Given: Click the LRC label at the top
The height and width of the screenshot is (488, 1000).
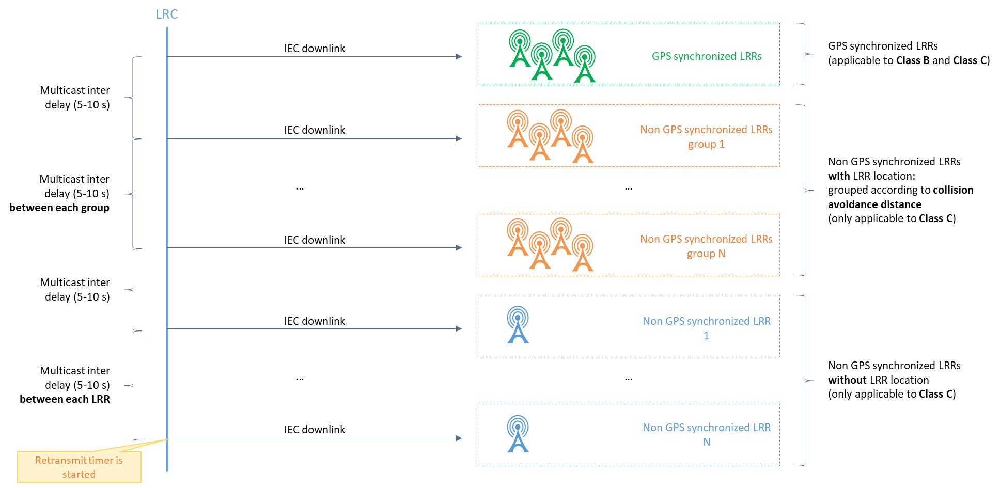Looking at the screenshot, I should point(167,14).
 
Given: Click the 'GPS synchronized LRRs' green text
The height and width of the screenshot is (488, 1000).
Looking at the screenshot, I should point(706,56).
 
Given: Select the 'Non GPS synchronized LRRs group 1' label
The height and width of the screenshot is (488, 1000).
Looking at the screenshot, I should point(706,137).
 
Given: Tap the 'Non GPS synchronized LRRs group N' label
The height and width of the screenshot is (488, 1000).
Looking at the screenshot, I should point(706,246).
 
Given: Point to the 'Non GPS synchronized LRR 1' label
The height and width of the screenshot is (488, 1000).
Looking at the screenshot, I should point(706,328).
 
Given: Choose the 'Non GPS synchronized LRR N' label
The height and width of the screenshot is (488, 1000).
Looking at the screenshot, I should point(706,434).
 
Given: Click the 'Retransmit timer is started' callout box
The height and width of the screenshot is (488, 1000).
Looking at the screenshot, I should point(79,467).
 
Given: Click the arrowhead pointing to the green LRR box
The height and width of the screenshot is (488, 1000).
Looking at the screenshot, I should point(459,57).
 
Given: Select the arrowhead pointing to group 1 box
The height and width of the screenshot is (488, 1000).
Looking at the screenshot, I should point(459,139).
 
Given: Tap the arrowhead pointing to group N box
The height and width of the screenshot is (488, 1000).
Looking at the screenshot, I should point(459,248).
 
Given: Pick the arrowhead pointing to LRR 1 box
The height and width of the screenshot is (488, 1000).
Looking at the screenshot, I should point(459,329).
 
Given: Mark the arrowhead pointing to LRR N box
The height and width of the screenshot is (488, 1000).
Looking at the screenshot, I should point(459,438).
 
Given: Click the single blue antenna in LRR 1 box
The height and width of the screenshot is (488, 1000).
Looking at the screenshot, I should point(518,325).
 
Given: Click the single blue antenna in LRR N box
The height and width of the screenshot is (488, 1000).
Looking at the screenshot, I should point(518,434).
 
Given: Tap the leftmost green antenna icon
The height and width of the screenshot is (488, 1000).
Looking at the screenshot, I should point(520,49).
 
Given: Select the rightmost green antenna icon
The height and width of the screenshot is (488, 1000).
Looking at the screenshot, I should point(585,64).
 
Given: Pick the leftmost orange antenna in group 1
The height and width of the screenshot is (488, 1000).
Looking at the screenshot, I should point(518,129).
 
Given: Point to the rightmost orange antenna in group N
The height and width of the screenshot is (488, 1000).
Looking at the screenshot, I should point(583,253).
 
